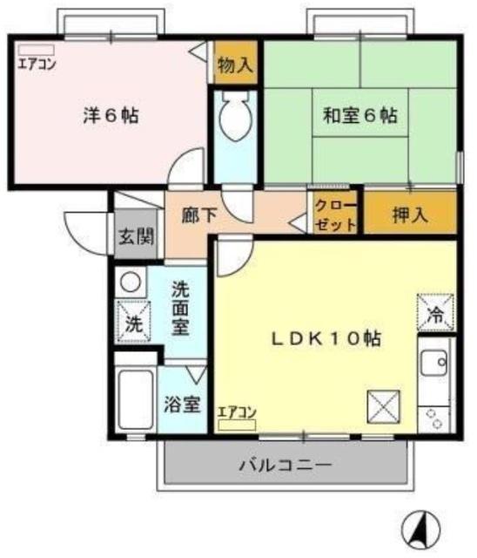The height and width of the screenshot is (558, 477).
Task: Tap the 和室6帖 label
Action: click(x=360, y=114)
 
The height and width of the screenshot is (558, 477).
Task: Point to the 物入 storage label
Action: click(x=234, y=65)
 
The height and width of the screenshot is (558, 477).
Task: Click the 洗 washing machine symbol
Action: click(x=132, y=322)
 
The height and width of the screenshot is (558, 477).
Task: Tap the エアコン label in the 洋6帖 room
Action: click(x=36, y=63)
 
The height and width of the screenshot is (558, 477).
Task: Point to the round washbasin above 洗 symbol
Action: click(x=130, y=282)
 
